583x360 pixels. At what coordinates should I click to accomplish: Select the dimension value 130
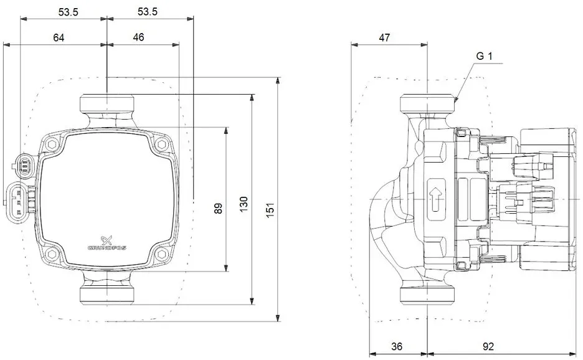click(x=244, y=204)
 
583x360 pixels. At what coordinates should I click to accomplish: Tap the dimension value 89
click(x=218, y=208)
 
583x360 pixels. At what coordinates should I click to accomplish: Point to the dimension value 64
click(x=59, y=37)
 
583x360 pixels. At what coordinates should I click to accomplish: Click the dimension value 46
click(x=138, y=37)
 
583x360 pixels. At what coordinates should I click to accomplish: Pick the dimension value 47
click(x=384, y=37)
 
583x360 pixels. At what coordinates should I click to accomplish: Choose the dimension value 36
click(x=397, y=347)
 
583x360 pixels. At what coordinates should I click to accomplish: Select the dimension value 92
click(x=488, y=347)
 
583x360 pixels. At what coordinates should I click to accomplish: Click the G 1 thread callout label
click(x=485, y=56)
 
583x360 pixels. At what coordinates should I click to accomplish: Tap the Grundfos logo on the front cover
click(x=107, y=243)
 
